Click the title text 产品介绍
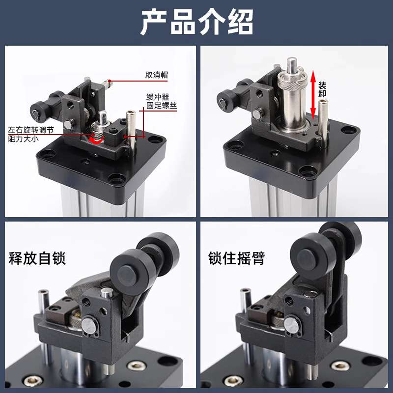[x=196, y=22]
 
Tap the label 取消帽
[x=156, y=75]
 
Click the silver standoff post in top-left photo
[x=131, y=129]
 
